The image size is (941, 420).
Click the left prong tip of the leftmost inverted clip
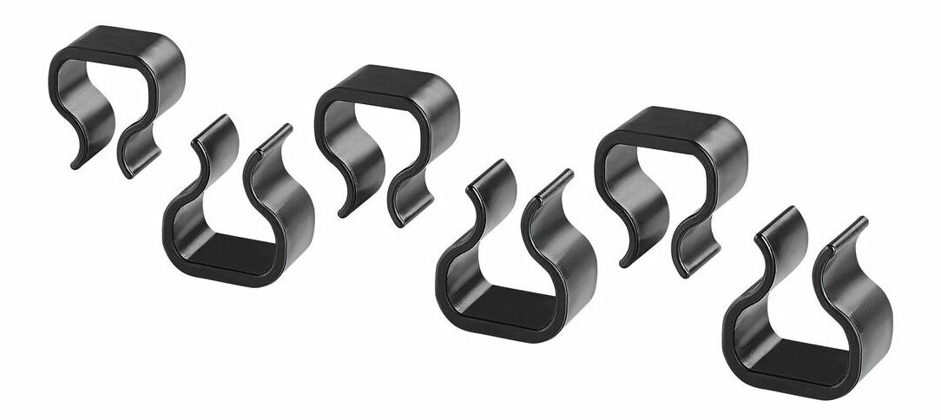click(76, 163)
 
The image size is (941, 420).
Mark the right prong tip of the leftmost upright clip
click(286, 128)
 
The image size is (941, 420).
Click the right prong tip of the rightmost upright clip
click(861, 220)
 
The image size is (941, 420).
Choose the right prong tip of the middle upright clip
click(569, 173)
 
